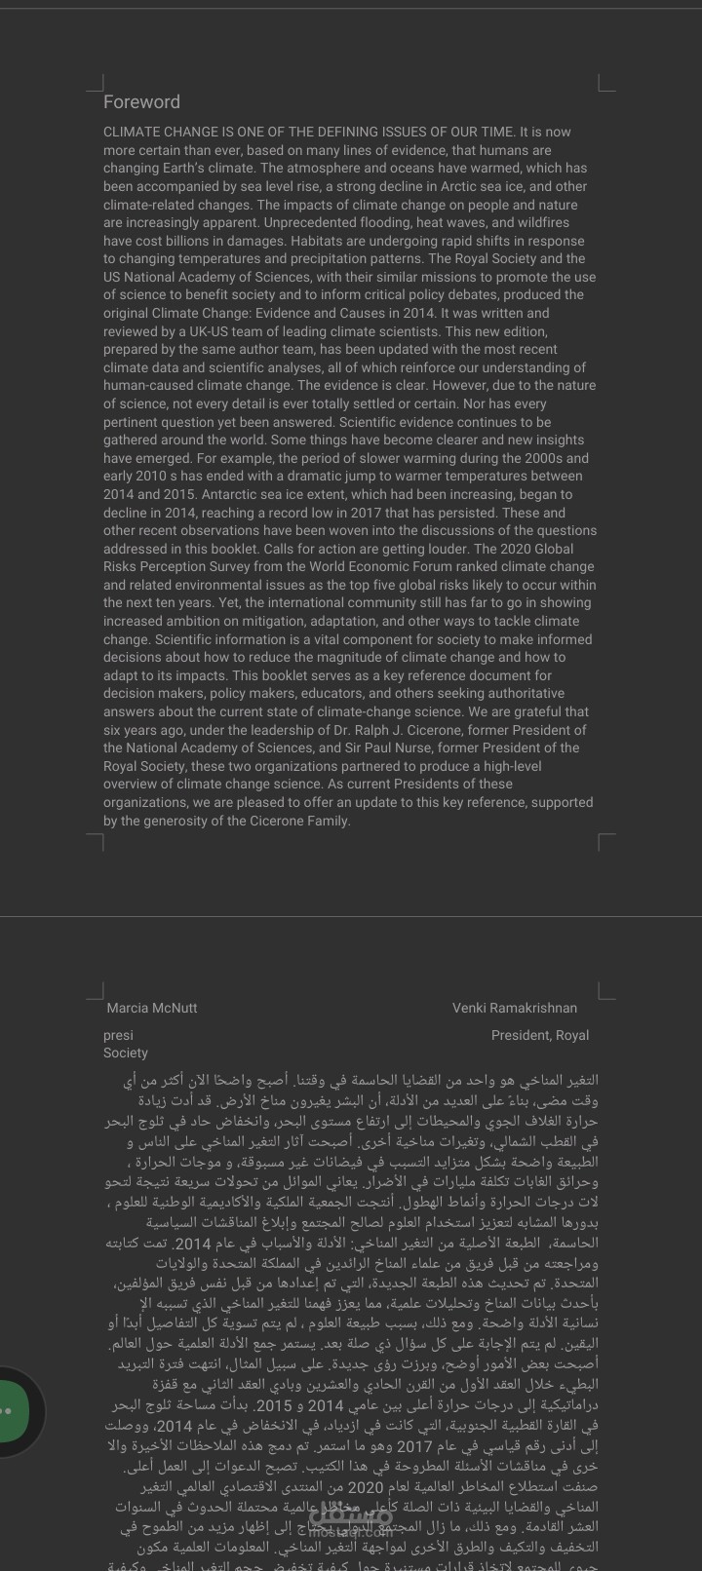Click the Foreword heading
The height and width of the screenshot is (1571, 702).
(141, 102)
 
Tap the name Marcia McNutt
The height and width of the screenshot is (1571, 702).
(152, 1008)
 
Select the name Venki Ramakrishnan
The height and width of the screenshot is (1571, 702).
(514, 1008)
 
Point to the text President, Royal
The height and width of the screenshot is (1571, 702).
(539, 1035)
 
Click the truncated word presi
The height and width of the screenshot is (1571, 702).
(118, 1035)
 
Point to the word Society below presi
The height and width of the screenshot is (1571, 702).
(126, 1053)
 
